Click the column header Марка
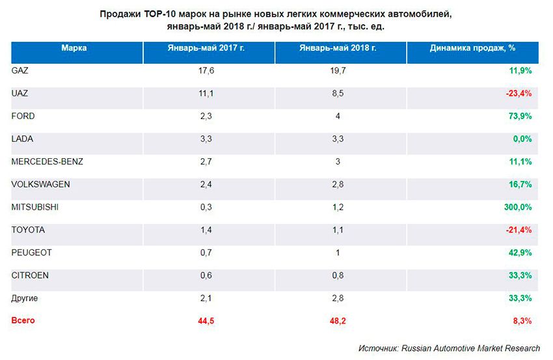(x=74, y=48)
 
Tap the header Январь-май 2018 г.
(x=338, y=48)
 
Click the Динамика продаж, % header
(x=473, y=48)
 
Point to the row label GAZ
(x=20, y=70)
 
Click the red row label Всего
(x=23, y=320)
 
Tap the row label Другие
(x=25, y=298)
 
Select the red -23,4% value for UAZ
(x=519, y=93)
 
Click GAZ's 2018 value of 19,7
(x=338, y=70)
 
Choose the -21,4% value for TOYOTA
(x=519, y=230)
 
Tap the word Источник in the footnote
(x=378, y=348)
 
